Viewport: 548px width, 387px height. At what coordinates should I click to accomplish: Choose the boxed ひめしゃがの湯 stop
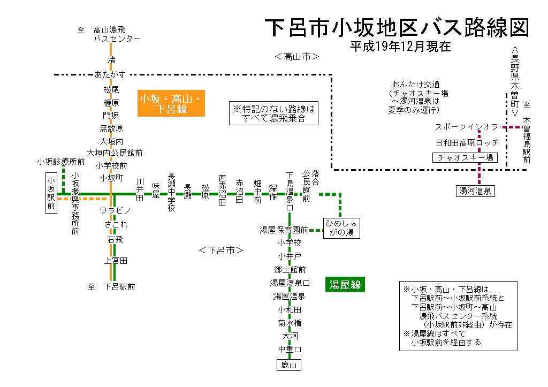(342, 227)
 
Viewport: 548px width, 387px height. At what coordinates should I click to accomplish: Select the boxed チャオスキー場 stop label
(465, 158)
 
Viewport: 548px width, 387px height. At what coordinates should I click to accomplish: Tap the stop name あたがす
(110, 74)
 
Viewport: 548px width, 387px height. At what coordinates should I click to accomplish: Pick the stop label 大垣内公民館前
(115, 153)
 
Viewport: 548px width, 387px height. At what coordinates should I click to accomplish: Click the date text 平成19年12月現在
(400, 47)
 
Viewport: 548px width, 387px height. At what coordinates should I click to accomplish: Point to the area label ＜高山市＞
(296, 57)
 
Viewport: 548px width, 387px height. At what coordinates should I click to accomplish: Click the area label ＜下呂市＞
(220, 250)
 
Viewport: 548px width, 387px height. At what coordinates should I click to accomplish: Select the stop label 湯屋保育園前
(284, 230)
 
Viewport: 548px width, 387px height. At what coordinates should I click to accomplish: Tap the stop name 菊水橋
(290, 323)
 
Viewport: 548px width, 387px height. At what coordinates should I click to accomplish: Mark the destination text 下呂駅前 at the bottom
(119, 287)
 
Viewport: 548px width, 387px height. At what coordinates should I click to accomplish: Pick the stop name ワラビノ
(116, 211)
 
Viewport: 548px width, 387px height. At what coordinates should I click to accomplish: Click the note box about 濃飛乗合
(273, 113)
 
